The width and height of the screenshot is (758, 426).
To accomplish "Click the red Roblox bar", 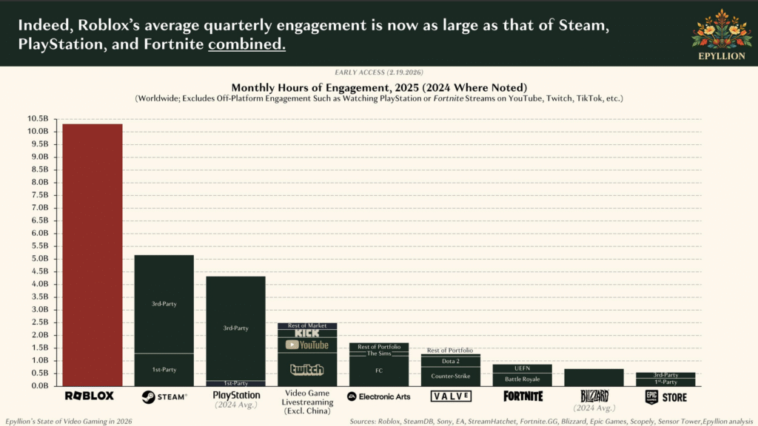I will click(92, 254).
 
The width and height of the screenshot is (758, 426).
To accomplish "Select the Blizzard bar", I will click(594, 377).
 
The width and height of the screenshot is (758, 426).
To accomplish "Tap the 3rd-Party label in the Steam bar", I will click(164, 303).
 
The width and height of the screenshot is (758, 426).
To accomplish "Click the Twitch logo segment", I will click(306, 370).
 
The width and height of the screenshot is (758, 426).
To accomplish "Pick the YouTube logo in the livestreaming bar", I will click(306, 345).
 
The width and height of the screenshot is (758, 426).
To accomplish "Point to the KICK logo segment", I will click(306, 334).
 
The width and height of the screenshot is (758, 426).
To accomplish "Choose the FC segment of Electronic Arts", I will click(378, 371).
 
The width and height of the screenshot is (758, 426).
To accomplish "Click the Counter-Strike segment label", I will click(450, 376).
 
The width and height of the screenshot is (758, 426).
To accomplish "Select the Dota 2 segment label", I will click(450, 361).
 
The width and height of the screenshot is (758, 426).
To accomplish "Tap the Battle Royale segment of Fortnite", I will click(522, 379).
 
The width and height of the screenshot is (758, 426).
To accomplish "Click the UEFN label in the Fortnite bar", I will click(522, 368).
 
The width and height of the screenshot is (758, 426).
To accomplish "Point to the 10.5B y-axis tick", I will click(38, 118).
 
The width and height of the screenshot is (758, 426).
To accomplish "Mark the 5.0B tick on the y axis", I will click(38, 259).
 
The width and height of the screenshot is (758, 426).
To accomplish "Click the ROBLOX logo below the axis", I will click(90, 396).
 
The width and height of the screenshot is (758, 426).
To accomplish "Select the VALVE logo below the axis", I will click(450, 396).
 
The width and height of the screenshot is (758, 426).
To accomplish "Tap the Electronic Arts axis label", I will click(378, 396).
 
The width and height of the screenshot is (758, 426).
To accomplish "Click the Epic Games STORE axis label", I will click(665, 397).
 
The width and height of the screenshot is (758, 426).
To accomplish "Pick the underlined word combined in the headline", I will click(246, 44).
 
